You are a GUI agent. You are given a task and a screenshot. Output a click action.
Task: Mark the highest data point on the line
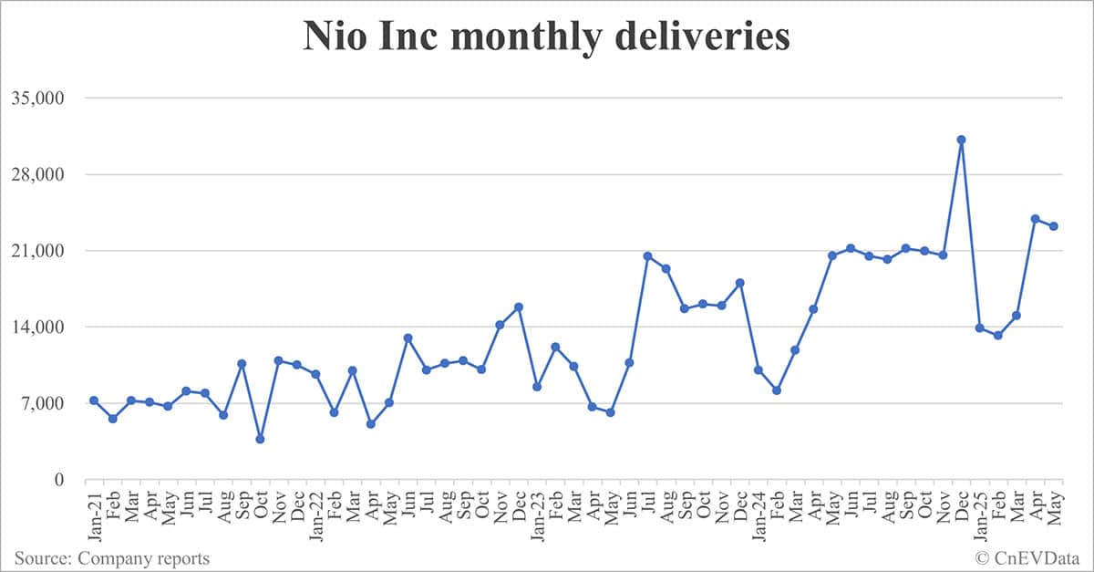(961, 140)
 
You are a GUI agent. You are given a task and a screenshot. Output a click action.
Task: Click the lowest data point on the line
(260, 439)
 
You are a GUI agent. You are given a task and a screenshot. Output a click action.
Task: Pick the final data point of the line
(1053, 226)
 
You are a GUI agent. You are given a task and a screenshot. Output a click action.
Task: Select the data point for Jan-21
(94, 400)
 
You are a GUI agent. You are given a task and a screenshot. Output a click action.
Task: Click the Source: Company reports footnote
(111, 558)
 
